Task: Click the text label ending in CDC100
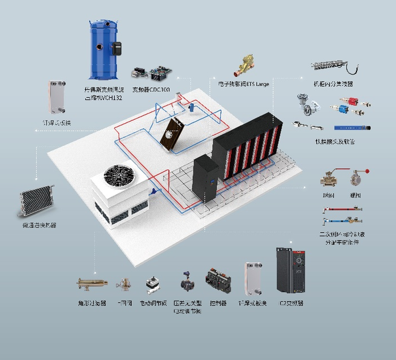[151, 89]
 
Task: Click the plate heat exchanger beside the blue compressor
[56, 97]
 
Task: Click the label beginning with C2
[291, 303]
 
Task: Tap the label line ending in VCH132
[103, 97]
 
